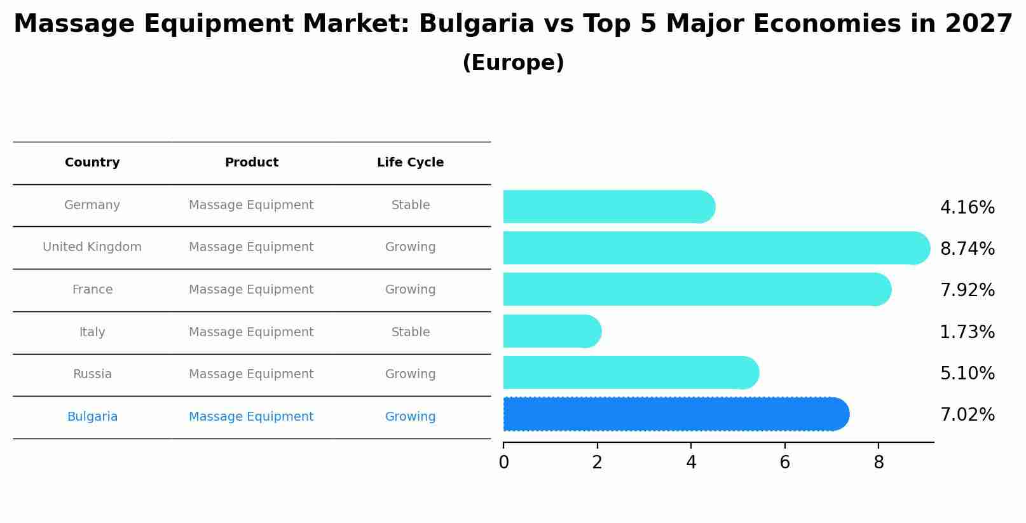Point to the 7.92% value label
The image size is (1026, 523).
coord(967,290)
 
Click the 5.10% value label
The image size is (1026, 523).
coord(967,373)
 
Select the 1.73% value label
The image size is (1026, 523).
coord(967,332)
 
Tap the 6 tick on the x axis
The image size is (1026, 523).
coord(784,463)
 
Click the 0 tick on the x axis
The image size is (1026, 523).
coord(503,463)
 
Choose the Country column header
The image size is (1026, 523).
coord(92,163)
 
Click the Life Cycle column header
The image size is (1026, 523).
coord(410,163)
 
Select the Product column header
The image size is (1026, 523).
coord(251,163)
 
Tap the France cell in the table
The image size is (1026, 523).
coord(92,290)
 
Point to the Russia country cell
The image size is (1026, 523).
coord(92,374)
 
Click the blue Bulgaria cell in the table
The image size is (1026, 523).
coord(92,417)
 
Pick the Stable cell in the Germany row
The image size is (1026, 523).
coord(410,205)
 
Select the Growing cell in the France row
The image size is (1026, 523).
coord(410,290)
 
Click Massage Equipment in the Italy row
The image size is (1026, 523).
coord(251,332)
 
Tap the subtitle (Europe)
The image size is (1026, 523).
coord(513,63)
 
